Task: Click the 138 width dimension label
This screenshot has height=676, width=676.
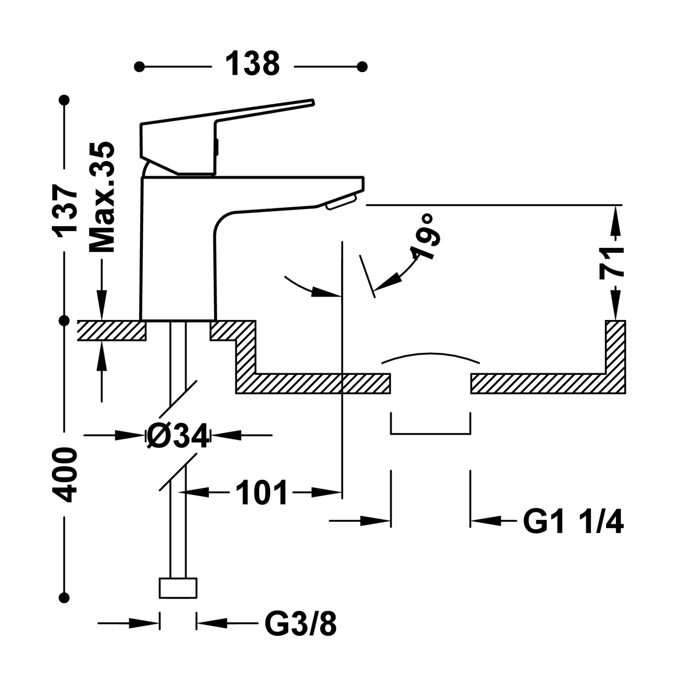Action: click(x=252, y=64)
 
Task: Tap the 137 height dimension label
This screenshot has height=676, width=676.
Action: click(x=66, y=210)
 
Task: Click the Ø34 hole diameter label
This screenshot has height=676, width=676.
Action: click(x=178, y=436)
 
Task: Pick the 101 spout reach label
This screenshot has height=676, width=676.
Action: click(x=261, y=493)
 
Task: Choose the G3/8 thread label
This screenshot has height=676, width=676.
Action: click(x=301, y=624)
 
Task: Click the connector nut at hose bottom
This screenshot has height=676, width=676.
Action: click(x=178, y=588)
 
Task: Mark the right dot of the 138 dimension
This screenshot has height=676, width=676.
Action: click(x=362, y=67)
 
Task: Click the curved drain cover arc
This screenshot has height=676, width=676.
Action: click(x=431, y=355)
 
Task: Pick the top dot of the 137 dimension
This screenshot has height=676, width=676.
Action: click(x=66, y=100)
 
